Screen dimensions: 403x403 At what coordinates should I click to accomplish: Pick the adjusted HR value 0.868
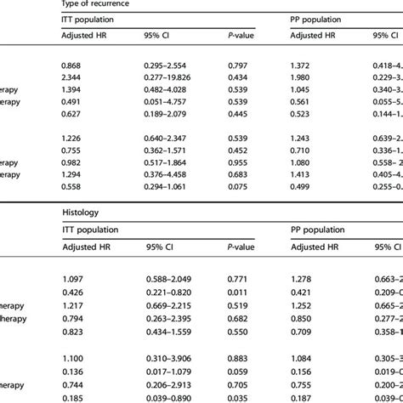[x=76, y=65]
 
